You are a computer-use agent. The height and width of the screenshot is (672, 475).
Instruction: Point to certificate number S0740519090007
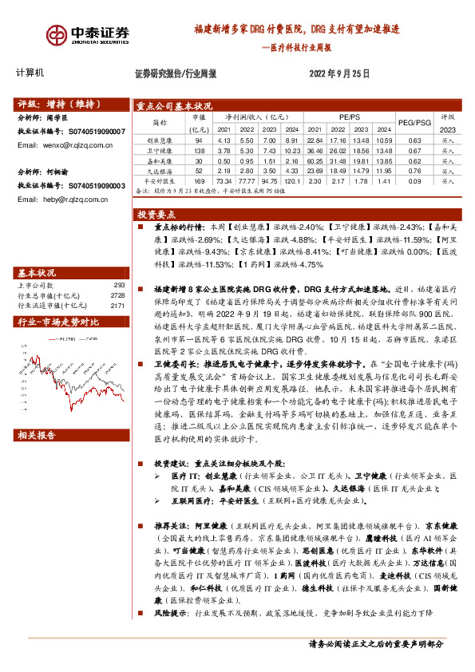97,131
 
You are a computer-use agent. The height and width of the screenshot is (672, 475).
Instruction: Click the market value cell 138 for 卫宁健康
200,149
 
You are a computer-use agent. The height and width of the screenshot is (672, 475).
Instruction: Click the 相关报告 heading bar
37,435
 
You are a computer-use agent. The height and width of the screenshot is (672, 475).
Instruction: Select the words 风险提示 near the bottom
164,612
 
